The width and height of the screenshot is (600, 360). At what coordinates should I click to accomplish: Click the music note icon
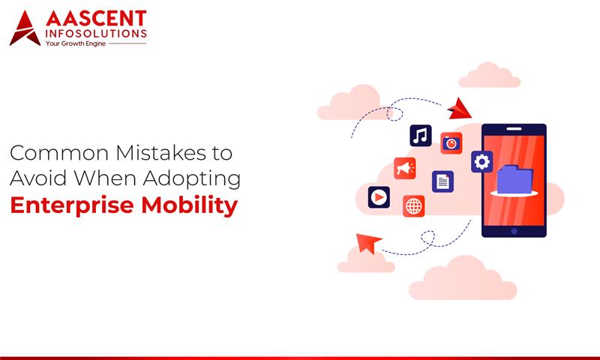point(420,136)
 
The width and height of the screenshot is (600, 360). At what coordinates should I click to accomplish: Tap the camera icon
point(451,142)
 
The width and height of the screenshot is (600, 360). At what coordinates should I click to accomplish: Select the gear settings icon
point(481,161)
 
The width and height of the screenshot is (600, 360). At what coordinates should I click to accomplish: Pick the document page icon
point(442,181)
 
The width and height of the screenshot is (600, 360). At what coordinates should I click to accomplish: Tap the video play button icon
point(379,197)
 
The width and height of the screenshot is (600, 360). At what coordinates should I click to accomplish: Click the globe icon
point(413,205)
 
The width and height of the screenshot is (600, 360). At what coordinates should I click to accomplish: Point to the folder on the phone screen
point(514,179)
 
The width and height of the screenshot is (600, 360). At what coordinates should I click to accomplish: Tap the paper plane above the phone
point(458,109)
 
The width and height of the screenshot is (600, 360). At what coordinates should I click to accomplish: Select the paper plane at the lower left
point(368,243)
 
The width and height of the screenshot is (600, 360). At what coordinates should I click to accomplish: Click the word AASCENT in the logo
point(96,18)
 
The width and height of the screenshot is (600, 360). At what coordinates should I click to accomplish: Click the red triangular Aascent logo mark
point(24,29)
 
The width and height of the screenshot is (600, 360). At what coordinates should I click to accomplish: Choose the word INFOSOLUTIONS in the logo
point(96,33)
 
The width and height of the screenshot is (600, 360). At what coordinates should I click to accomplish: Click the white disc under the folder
point(514,194)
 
